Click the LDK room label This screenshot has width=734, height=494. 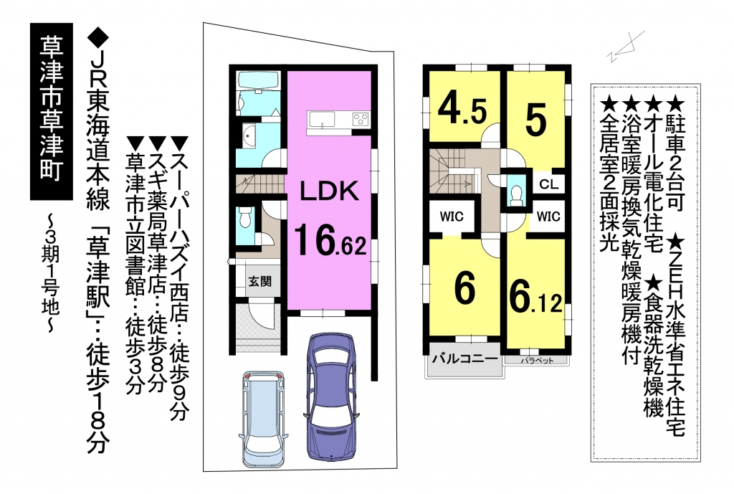pos(329,191)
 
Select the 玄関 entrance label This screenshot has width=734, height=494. pos(259,282)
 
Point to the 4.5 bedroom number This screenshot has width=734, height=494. pos(462,111)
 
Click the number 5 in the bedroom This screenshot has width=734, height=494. pos(535,120)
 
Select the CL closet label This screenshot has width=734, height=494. pos(548,184)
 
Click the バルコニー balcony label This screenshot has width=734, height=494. pos(464,359)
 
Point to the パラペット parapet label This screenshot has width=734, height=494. pos(537,360)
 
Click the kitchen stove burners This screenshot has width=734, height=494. pos(360,118)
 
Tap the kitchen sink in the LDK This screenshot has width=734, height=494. pos(321,119)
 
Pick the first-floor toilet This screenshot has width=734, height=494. pos(244,219)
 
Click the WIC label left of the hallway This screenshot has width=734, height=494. pos(452,217)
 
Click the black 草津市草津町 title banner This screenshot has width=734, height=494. pos(52,111)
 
